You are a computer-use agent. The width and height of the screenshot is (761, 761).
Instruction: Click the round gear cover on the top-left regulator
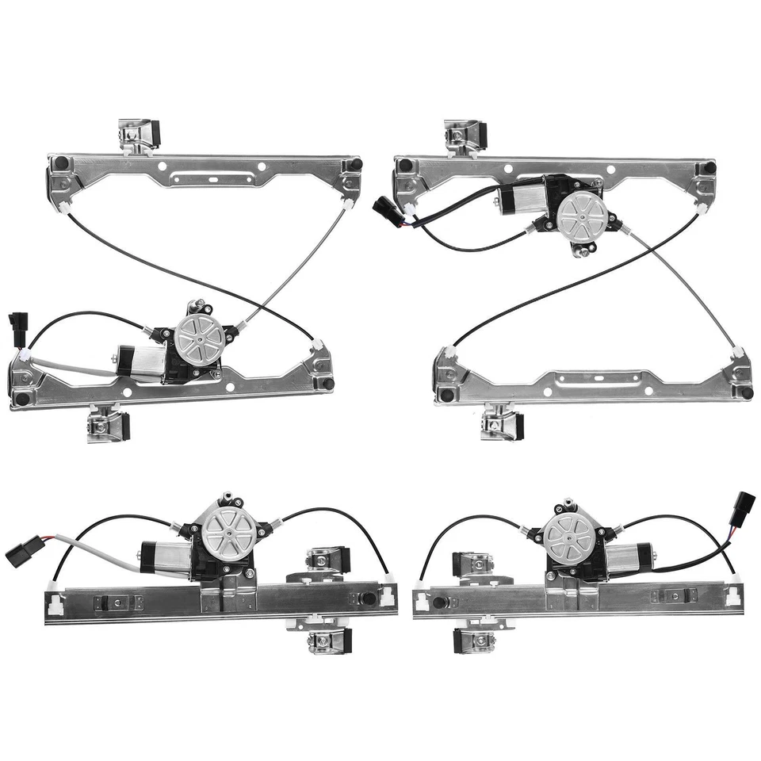click(199, 336)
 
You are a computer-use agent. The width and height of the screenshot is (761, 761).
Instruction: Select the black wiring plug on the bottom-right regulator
click(744, 505)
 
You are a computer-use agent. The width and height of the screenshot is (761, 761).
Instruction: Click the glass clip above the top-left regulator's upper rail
click(140, 134)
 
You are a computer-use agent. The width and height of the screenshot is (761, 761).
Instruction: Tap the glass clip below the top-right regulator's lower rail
click(503, 421)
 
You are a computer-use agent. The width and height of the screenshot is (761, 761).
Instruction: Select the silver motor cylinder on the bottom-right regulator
click(628, 556)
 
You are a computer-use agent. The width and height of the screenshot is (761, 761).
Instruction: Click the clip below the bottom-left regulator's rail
click(327, 639)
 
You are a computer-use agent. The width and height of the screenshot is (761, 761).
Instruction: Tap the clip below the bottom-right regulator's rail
click(473, 638)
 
